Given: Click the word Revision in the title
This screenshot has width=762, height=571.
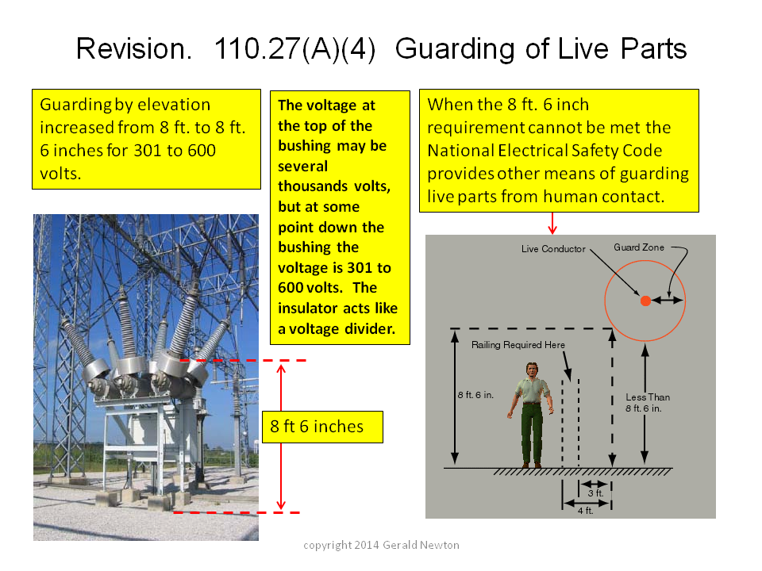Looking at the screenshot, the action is [x=134, y=49].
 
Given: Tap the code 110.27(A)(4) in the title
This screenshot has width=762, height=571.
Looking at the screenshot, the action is [x=295, y=49].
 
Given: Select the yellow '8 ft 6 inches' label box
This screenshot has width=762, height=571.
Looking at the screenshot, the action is [x=323, y=427].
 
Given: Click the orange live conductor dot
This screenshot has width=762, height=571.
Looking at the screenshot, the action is [x=645, y=301].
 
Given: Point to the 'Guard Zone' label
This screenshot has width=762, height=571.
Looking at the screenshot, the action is [x=638, y=247].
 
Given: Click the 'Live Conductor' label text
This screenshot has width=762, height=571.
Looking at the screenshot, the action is [x=553, y=248].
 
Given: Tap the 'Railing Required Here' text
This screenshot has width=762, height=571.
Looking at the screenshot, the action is [x=518, y=345].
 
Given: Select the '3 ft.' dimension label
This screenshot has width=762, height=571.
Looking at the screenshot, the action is [x=595, y=492].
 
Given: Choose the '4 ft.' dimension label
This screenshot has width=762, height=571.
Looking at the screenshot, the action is [x=585, y=510].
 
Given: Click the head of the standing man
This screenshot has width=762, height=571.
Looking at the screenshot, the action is [x=533, y=370].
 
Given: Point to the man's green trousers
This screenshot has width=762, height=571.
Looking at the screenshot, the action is [x=532, y=433].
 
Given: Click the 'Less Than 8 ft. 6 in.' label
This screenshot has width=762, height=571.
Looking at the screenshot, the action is [x=648, y=403].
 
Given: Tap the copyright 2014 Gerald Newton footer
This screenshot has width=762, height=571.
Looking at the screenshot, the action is [x=381, y=545].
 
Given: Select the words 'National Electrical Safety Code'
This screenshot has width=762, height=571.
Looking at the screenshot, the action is [x=545, y=151].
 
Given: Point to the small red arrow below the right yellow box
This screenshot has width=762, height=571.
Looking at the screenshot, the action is [x=552, y=224].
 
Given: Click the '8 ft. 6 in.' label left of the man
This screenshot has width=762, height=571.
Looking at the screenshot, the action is [x=475, y=395].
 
